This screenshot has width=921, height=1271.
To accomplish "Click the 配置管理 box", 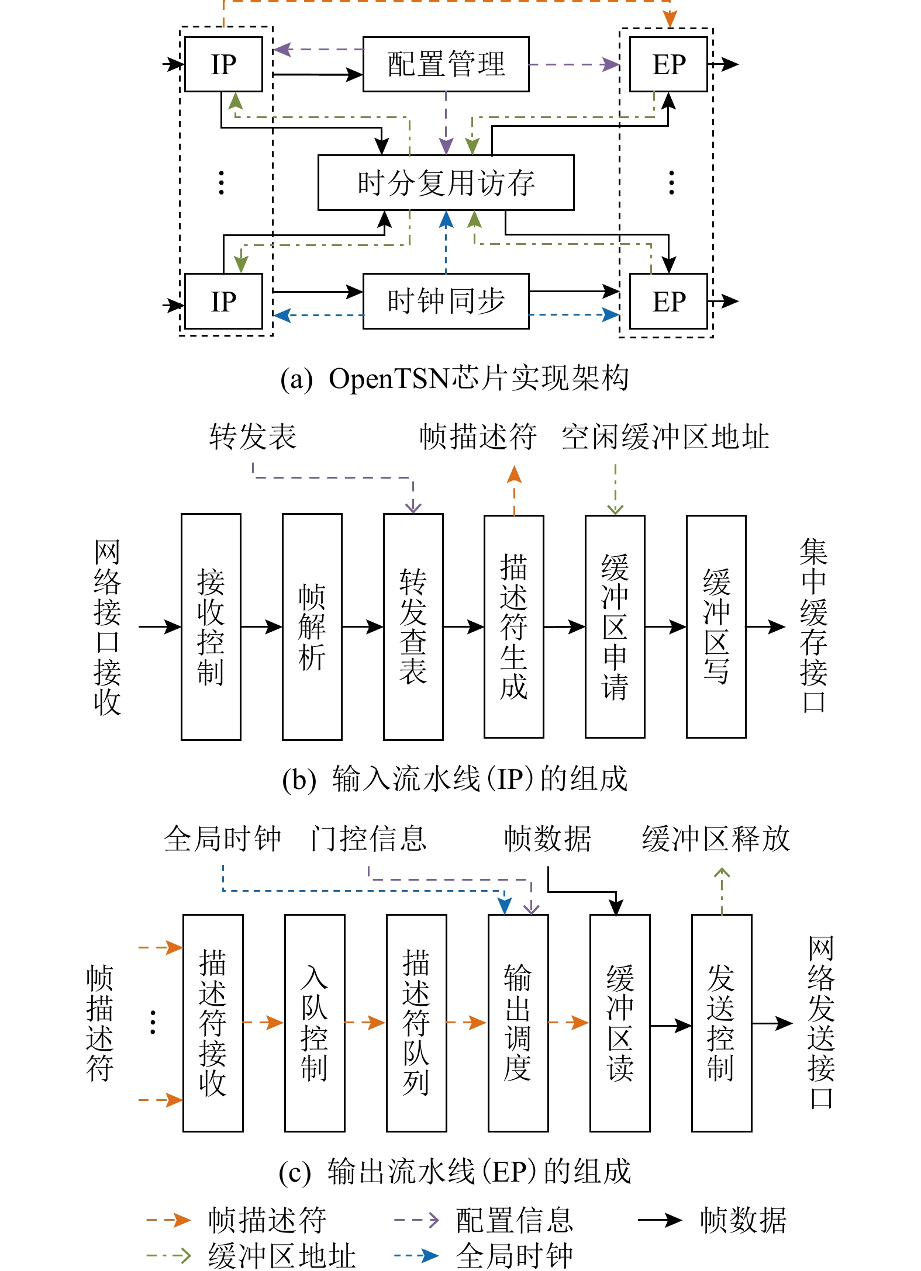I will click(x=446, y=64).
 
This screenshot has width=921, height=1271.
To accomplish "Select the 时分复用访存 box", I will click(x=446, y=182).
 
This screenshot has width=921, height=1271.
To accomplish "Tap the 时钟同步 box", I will click(x=446, y=301).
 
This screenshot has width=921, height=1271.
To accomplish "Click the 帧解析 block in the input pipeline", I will click(x=312, y=626).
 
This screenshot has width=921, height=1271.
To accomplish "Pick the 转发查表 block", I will click(x=413, y=626).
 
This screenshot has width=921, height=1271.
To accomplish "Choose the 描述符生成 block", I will click(x=513, y=626).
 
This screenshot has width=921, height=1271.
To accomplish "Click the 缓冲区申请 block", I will click(x=615, y=626).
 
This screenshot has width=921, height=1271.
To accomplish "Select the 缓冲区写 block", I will click(x=716, y=626).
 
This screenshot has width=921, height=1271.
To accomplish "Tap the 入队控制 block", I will click(x=314, y=1023).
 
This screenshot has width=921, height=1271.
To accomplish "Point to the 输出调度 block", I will click(x=518, y=1023).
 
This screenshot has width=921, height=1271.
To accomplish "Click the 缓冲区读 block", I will click(x=619, y=1023).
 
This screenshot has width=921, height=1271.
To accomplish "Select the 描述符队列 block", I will click(x=416, y=1023).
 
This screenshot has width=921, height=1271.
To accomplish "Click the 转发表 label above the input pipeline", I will click(x=253, y=437).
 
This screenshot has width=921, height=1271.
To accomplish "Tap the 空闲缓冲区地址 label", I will click(x=665, y=437).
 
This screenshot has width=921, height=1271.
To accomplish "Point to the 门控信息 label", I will click(x=368, y=839).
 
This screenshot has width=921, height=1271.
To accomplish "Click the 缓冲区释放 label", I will click(x=716, y=839).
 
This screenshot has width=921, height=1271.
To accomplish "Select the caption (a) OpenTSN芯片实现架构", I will click(x=454, y=378).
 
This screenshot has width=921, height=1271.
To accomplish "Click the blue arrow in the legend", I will click(x=416, y=1255).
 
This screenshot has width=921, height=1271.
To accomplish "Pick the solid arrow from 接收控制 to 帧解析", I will click(x=261, y=627).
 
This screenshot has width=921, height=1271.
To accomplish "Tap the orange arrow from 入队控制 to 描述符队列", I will click(x=365, y=1023).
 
